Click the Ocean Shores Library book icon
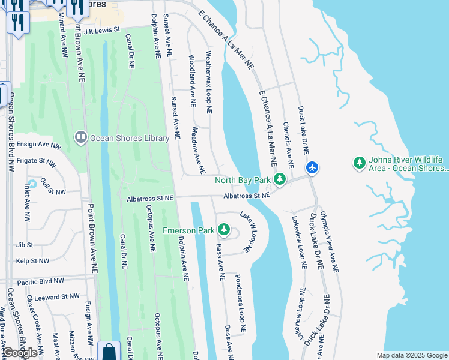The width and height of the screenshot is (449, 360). [80, 138]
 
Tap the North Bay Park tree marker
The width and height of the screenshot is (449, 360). [279, 179]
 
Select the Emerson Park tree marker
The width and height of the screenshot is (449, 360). [224, 230]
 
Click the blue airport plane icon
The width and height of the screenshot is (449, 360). [311, 167]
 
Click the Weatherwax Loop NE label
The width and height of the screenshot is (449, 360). [209, 82]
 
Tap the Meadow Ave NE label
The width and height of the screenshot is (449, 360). [196, 146]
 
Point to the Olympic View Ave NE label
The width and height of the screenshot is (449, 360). [329, 242]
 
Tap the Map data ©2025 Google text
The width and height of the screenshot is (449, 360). [412, 355]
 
